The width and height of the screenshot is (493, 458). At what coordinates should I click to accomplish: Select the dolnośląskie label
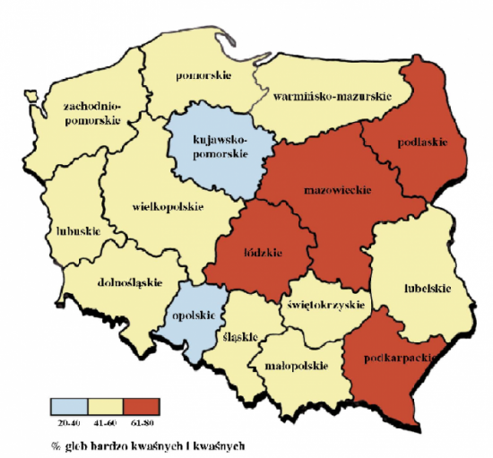click(x=125, y=281)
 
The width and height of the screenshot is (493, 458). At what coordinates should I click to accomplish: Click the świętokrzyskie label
click(x=325, y=305)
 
